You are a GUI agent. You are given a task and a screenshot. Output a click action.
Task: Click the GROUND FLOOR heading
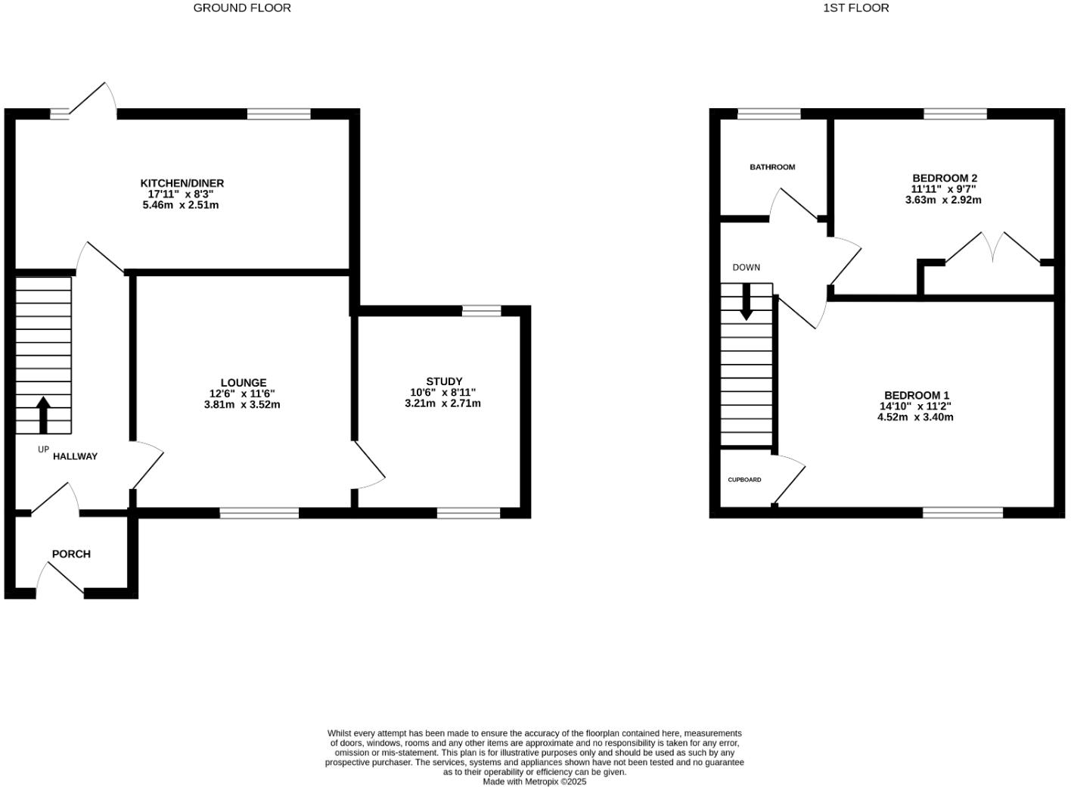pyautogui.click(x=242, y=8)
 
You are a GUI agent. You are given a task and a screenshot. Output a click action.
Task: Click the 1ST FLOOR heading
pyautogui.click(x=855, y=8)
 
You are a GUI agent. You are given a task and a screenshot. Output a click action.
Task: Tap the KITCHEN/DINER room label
pyautogui.click(x=182, y=183)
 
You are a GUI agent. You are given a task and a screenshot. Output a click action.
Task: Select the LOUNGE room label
pyautogui.click(x=244, y=383)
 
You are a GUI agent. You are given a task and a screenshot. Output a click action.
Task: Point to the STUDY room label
pyautogui.click(x=444, y=381)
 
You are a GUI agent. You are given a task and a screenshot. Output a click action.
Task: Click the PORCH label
pyautogui.click(x=71, y=554)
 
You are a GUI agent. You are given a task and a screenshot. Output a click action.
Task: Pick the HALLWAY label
pyautogui.click(x=75, y=456)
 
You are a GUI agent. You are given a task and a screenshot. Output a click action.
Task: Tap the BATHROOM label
pyautogui.click(x=772, y=167)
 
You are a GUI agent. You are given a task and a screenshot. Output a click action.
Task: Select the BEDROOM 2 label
pyautogui.click(x=944, y=179)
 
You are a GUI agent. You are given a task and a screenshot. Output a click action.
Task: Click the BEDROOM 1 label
pyautogui.click(x=916, y=395)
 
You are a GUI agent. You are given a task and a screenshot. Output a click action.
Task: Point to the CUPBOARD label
pyautogui.click(x=744, y=480)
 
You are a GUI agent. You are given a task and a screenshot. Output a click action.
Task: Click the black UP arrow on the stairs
pyautogui.click(x=43, y=414)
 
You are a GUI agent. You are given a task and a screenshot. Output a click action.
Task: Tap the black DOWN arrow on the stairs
pyautogui.click(x=747, y=301)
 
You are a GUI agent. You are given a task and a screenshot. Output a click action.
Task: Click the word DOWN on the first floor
pyautogui.click(x=746, y=267)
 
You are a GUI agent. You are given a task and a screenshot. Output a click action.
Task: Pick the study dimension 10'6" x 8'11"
pyautogui.click(x=443, y=393)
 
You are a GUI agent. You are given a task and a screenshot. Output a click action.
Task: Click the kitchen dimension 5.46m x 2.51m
pyautogui.click(x=181, y=205)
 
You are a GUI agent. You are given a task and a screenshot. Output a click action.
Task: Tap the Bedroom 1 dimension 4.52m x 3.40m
pyautogui.click(x=915, y=417)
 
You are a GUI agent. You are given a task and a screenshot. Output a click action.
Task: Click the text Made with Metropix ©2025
pyautogui.click(x=535, y=782)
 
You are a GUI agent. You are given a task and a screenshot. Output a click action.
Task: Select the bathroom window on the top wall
pyautogui.click(x=768, y=114)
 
